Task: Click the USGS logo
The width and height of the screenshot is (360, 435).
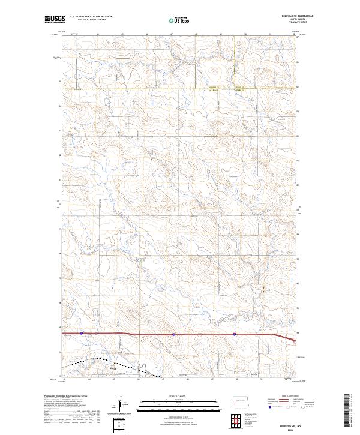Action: [55, 19]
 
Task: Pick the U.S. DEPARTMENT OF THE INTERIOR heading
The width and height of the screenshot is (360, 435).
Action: [91, 16]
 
